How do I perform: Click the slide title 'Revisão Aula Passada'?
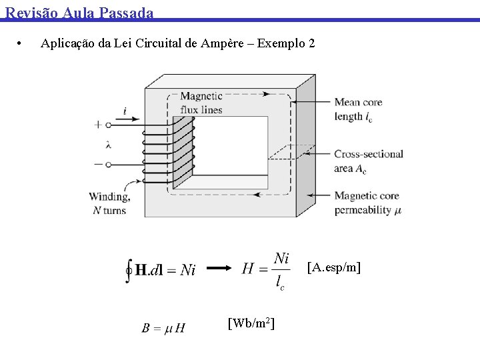(x=79, y=12)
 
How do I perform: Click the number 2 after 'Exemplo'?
(x=311, y=44)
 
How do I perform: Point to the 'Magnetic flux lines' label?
(x=201, y=103)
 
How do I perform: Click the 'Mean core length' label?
(x=358, y=109)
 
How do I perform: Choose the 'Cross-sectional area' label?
(x=369, y=161)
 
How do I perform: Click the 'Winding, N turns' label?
(x=109, y=203)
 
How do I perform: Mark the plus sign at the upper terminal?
(x=99, y=124)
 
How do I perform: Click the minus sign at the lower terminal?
(x=99, y=163)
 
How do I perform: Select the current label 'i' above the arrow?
(x=125, y=112)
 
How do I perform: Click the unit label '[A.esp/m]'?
(x=333, y=268)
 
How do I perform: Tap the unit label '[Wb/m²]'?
(x=251, y=324)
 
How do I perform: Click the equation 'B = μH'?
(x=163, y=328)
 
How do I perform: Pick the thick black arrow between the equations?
(x=219, y=269)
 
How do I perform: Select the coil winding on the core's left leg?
(x=181, y=151)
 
